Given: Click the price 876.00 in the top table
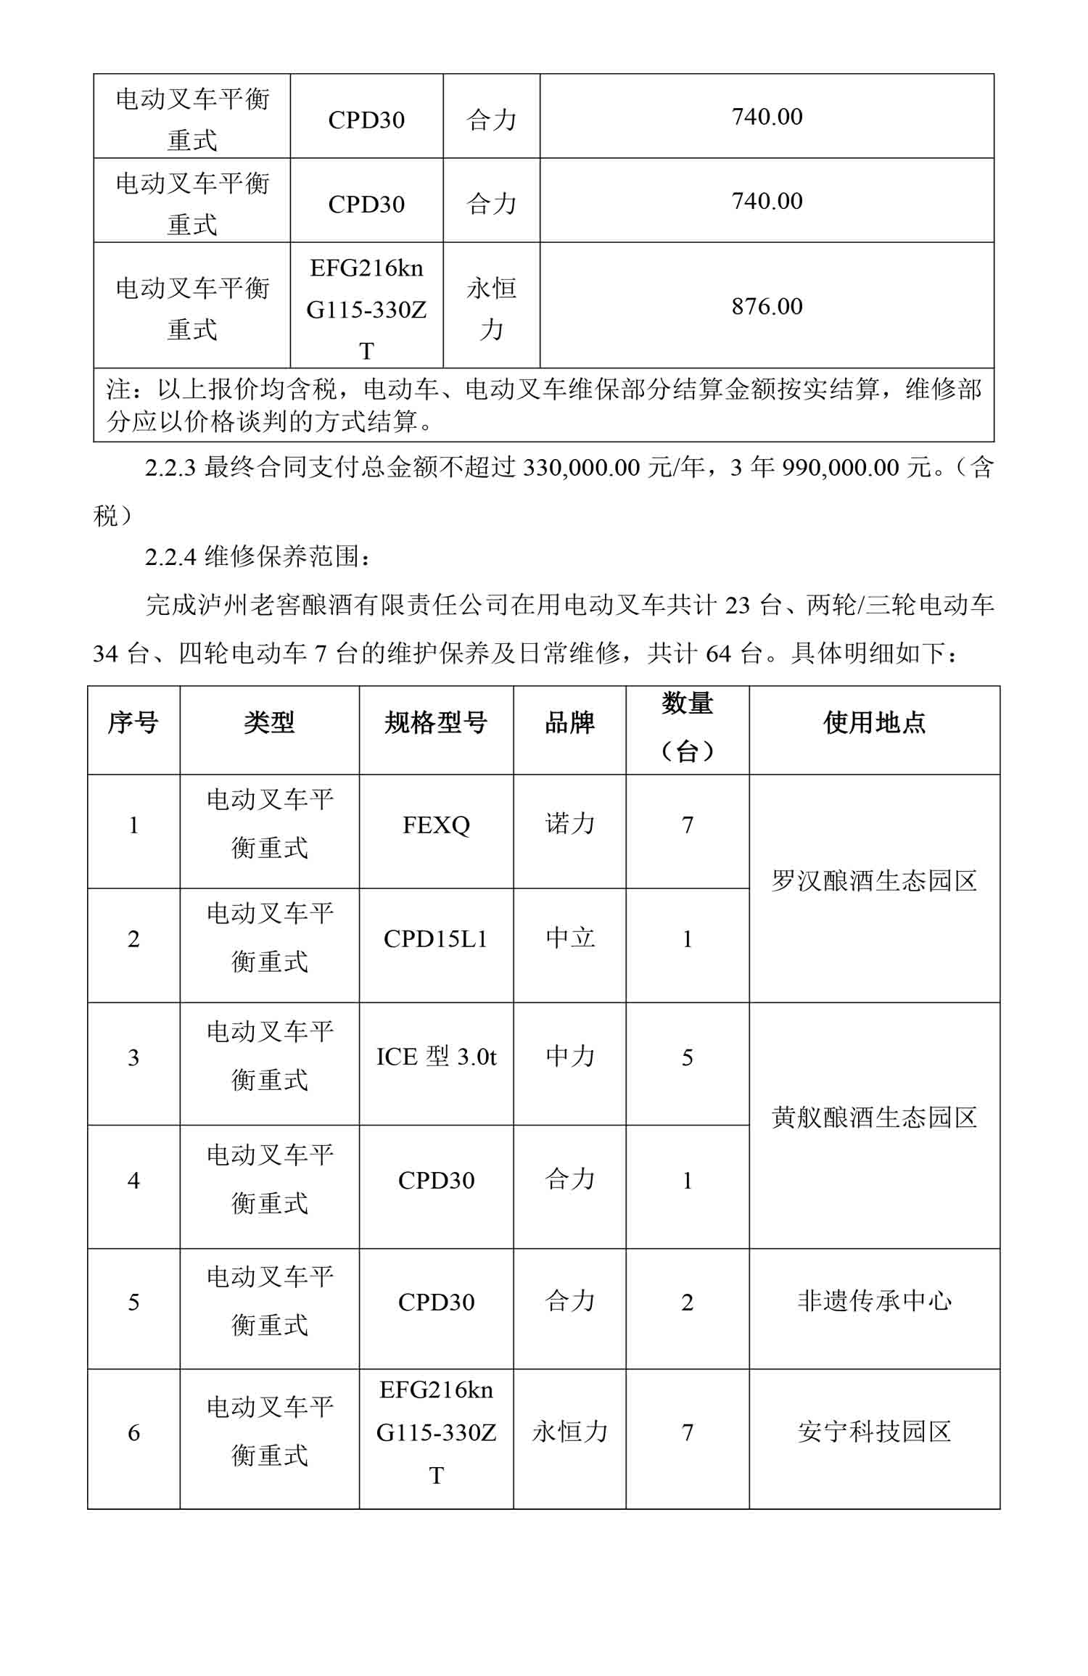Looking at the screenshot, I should point(767,306).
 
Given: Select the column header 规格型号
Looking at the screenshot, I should point(435,722).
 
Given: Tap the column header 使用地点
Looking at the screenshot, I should point(874,722).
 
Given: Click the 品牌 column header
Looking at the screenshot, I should point(569,722).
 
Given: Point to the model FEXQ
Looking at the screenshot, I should point(436,825).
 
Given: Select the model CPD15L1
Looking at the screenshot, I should point(436,939).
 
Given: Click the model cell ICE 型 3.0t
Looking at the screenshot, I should point(436,1057).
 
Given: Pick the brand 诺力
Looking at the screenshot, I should point(569,824).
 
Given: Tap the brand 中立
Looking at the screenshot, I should point(569,938).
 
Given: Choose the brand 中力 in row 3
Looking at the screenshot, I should point(569,1056).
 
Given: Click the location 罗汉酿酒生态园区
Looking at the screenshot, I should point(874,881).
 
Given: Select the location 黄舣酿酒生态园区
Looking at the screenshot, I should point(874,1118).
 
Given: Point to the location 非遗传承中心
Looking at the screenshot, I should point(874,1301).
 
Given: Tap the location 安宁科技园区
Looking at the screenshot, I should point(874,1432).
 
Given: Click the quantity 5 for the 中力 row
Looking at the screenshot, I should point(687,1057).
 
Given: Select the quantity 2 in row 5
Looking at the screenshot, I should point(687,1302).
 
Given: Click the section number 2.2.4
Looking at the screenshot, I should point(170,557).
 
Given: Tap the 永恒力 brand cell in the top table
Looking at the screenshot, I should point(491,308).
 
